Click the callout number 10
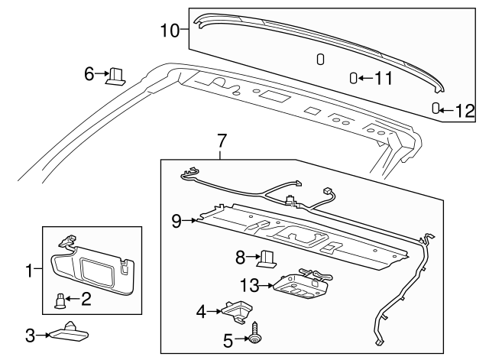169,31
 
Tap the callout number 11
382,77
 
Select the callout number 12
465,110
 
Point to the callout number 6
89,73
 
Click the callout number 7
222,141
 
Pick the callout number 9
176,221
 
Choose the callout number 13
250,285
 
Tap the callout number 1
30,270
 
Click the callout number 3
30,334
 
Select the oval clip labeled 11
354,77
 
